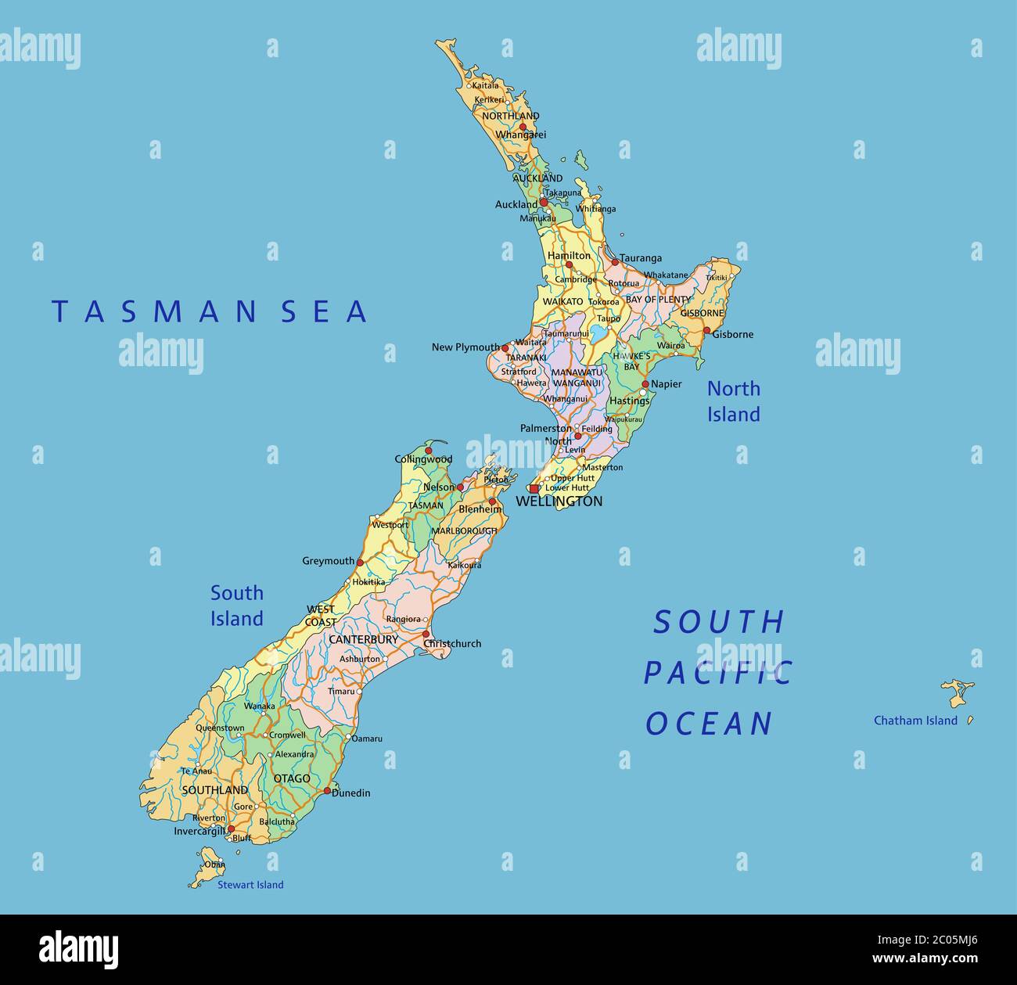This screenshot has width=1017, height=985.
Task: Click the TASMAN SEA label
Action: coord(209,311)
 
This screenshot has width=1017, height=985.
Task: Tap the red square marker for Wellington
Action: coord(534,489)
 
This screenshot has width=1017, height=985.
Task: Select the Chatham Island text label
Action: coord(915,721)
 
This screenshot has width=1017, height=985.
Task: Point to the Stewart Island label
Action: coord(250,885)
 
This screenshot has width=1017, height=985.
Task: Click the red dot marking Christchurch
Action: coord(426,634)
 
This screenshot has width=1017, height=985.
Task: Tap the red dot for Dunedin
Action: coord(327,791)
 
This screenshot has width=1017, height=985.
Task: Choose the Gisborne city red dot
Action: coord(706,331)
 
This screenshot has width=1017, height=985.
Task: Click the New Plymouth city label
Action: coord(465,347)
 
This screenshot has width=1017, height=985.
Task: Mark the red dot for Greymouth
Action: coord(360,562)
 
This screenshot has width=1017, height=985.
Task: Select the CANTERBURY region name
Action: coord(363,639)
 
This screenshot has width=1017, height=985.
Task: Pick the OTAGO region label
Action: coord(292,778)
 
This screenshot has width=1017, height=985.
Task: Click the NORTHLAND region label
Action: coord(510,116)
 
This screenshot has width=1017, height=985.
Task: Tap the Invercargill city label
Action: coord(199,832)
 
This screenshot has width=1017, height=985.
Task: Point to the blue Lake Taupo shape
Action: coord(598,334)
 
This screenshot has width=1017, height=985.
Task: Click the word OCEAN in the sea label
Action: coord(709,724)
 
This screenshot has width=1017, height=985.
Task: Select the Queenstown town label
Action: coord(220,728)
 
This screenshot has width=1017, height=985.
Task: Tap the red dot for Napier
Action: coord(645,384)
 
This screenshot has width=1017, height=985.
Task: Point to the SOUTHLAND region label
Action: coord(214,790)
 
